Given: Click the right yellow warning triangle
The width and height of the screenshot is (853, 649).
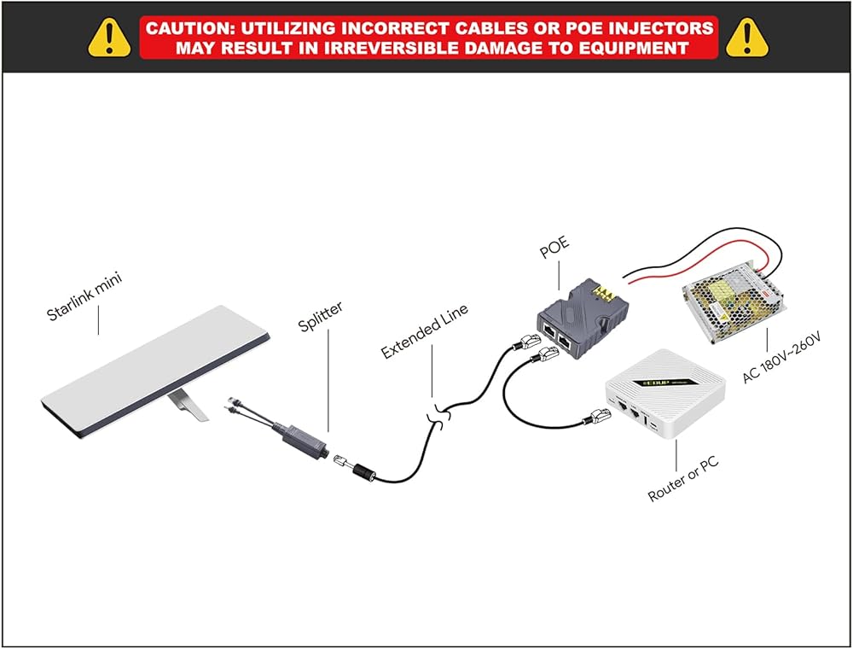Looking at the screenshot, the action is pos(749,36).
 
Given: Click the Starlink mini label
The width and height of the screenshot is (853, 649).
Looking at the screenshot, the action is pos(84,299).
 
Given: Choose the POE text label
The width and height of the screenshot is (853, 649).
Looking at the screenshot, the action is pos(555,250).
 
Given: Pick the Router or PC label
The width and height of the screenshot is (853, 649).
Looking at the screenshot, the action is pos(683,480).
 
